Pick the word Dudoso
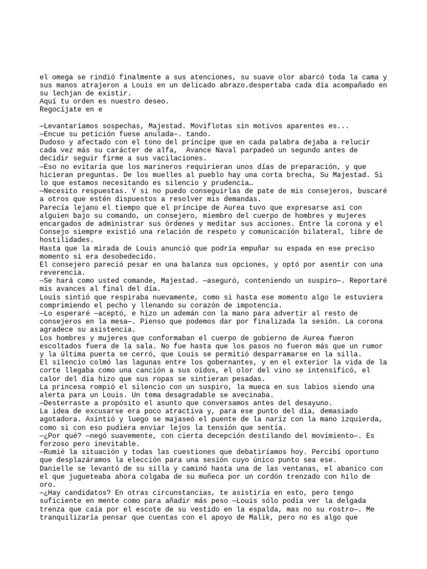tap(53, 142)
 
